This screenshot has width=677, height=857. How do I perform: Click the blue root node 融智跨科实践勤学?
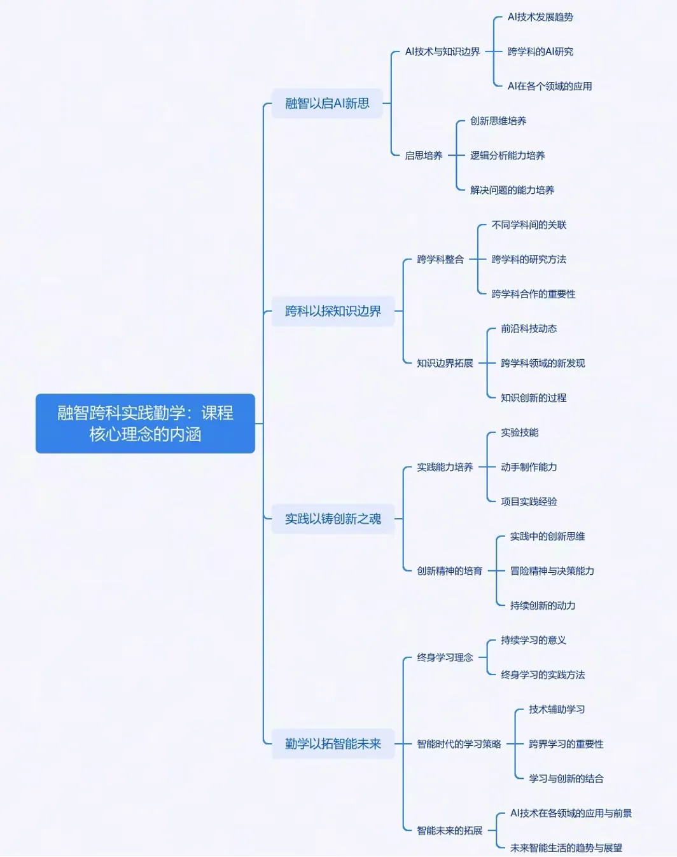coord(145,423)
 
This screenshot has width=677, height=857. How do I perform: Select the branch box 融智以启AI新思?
coord(327,103)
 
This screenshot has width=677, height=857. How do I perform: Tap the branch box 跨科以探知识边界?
coord(333,311)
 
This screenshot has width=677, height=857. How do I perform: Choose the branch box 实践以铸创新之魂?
coord(333,519)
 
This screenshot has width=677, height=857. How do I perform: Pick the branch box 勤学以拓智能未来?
coord(333,744)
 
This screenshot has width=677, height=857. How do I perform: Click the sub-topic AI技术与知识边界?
coord(442,51)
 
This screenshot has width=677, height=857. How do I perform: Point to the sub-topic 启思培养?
coord(424,155)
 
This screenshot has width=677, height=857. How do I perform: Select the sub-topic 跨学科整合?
coord(440,259)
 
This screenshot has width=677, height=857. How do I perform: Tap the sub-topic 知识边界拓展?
coord(445,363)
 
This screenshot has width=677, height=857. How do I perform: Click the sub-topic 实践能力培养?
coord(445,467)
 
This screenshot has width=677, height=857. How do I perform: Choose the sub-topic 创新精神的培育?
coord(449,571)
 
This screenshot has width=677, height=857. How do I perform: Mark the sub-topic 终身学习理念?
coord(445,657)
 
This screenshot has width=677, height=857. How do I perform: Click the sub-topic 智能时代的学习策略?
coord(459,744)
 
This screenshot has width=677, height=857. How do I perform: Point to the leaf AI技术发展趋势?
coord(540,17)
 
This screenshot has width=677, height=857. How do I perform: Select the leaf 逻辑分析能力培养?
coord(507,155)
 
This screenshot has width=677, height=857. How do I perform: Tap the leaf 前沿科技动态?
coord(528,329)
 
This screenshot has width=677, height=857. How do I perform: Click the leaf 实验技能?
coord(519,432)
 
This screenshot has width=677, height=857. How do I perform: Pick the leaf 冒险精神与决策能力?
coord(552,571)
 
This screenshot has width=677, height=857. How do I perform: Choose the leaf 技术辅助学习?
coord(556,710)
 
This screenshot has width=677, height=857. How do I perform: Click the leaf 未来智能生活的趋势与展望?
coord(566,847)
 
